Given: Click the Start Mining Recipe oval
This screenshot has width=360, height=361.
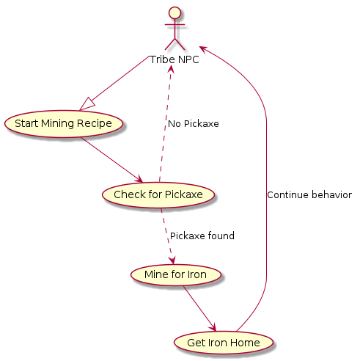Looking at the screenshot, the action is point(63,124).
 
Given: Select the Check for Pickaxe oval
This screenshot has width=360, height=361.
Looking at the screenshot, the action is point(158,195).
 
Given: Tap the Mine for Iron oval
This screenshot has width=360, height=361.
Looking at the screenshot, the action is point(176,274).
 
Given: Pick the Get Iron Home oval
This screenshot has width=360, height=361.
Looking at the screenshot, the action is point(224,343).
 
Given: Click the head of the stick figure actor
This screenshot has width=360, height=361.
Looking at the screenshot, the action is point(175,12).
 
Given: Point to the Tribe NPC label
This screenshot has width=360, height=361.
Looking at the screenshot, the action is point(175,59).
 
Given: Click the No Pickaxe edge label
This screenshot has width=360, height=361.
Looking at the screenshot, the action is point(194,124).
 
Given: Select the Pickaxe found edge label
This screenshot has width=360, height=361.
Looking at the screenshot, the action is point(202,236).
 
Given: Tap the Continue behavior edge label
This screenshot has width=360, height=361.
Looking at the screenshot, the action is point(309,195).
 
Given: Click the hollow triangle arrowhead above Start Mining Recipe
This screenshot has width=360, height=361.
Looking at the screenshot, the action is point(87,104).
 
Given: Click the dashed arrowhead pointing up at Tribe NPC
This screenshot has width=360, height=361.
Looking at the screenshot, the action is point(171,69).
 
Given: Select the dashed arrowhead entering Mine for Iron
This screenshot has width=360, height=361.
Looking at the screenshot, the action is point(172,260).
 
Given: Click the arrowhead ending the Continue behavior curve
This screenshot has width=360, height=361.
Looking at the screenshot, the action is point(204,48).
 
